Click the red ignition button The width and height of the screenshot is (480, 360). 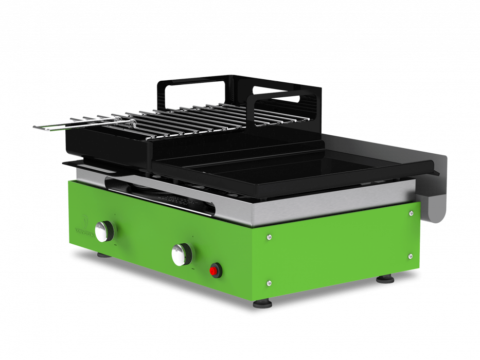215,269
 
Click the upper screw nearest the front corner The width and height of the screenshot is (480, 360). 270,237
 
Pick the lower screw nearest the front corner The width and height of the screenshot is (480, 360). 269,282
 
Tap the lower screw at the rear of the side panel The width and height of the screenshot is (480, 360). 410,256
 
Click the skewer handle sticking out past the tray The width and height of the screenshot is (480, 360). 51,125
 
